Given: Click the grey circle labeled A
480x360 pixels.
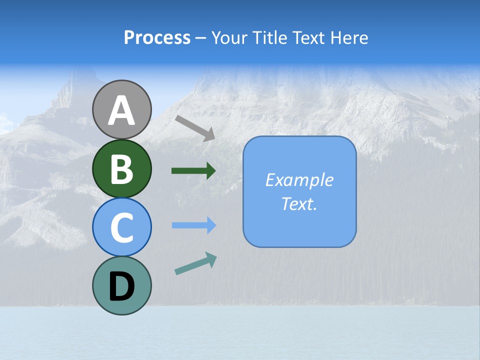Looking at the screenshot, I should (x=121, y=109).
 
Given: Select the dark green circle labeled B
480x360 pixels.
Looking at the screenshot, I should (x=121, y=168).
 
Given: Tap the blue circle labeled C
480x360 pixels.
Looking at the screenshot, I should (x=121, y=227).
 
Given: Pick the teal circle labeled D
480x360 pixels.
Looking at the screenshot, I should (x=121, y=285).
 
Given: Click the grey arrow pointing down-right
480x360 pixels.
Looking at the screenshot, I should (x=195, y=127).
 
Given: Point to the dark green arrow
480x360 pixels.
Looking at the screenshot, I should (x=193, y=170).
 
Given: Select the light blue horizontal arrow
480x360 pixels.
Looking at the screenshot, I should (x=193, y=225).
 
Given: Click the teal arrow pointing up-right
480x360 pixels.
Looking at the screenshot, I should (x=195, y=264).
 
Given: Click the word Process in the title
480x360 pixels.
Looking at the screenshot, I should (x=157, y=38).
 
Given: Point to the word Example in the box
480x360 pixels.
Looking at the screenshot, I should (x=299, y=180).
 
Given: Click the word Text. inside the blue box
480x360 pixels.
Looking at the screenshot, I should (x=299, y=203).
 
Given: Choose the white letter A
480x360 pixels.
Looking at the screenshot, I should (x=121, y=110).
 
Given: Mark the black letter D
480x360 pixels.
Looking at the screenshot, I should (x=121, y=286).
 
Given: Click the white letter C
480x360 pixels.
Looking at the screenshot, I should (x=121, y=227).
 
